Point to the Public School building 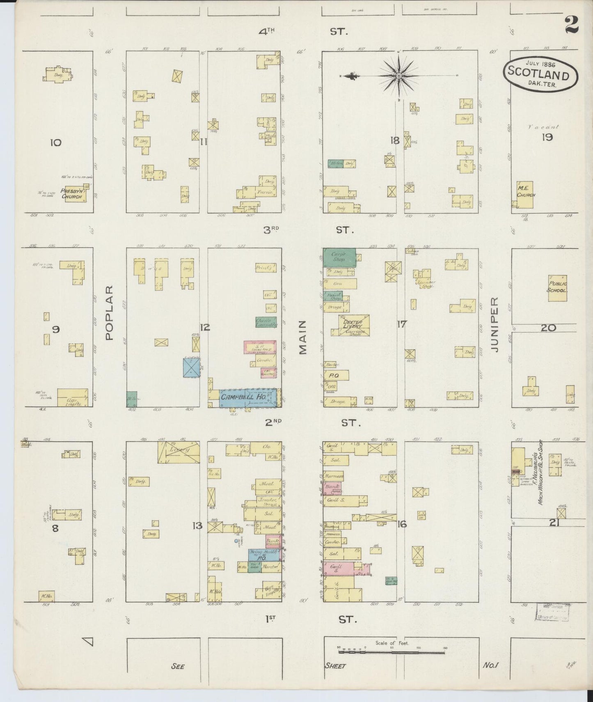pos(557,288)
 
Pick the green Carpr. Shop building pos(339,257)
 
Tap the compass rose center pos(398,76)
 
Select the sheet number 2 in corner pos(572,25)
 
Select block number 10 pos(56,142)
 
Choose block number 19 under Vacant pos(547,137)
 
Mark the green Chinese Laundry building pos(266,322)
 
